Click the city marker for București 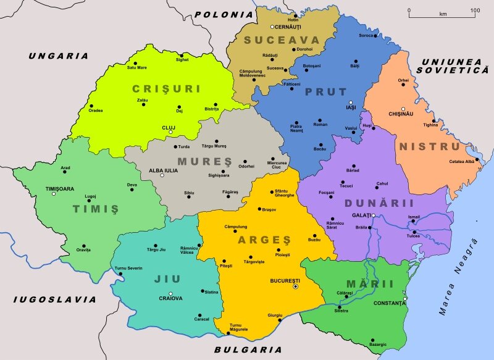pos(295,287)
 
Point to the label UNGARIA pos(59,56)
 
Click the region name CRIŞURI pos(166,89)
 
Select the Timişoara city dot pos(54,195)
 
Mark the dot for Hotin pos(296,15)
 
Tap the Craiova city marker pos(171,293)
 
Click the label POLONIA pos(224,14)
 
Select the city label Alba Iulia pos(163,170)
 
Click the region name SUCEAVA pos(272,41)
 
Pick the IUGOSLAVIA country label pos(55,299)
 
